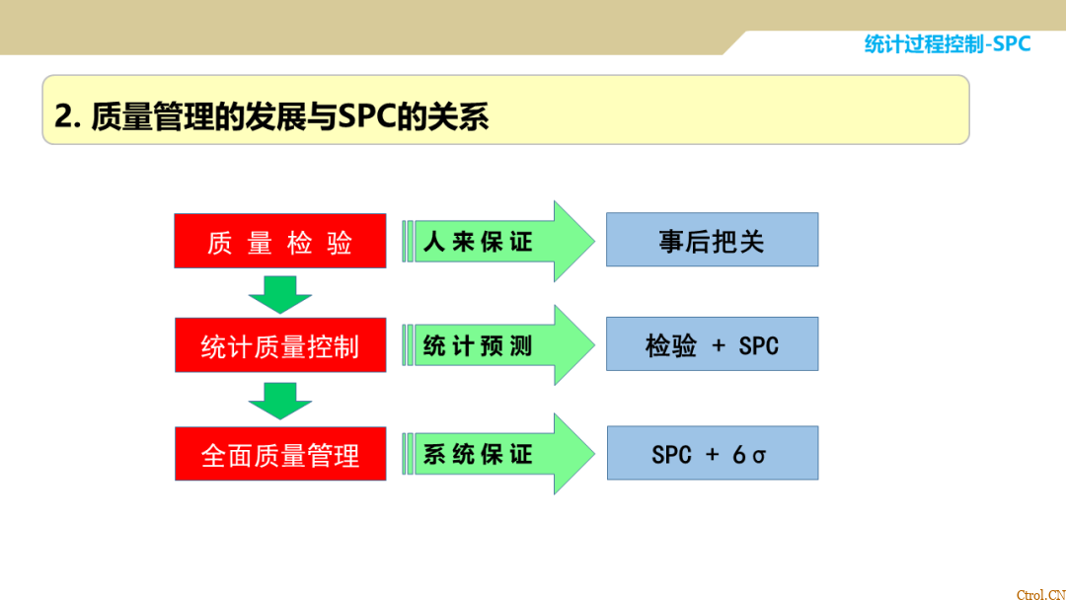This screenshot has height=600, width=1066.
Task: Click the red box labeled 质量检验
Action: tap(279, 241)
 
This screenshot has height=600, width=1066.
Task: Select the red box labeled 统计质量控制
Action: tap(279, 344)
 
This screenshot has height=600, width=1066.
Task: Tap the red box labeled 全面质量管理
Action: tap(279, 454)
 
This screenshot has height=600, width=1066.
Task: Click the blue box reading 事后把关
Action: tap(712, 240)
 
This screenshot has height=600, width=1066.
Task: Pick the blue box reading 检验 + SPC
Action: tap(712, 344)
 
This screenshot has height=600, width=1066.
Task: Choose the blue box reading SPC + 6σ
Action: tap(712, 454)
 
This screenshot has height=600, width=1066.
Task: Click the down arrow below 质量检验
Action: tap(279, 293)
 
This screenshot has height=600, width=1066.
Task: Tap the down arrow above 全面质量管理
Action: tap(279, 400)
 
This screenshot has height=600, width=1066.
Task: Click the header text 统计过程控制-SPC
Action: tap(947, 43)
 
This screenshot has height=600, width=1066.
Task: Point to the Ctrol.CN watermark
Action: tap(1039, 594)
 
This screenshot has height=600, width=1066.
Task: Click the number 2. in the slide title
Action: tap(66, 116)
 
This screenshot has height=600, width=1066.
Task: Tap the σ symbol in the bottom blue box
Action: tap(758, 455)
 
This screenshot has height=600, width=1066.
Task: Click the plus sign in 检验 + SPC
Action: tap(719, 345)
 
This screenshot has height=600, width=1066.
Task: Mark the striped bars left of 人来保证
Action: tap(408, 242)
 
